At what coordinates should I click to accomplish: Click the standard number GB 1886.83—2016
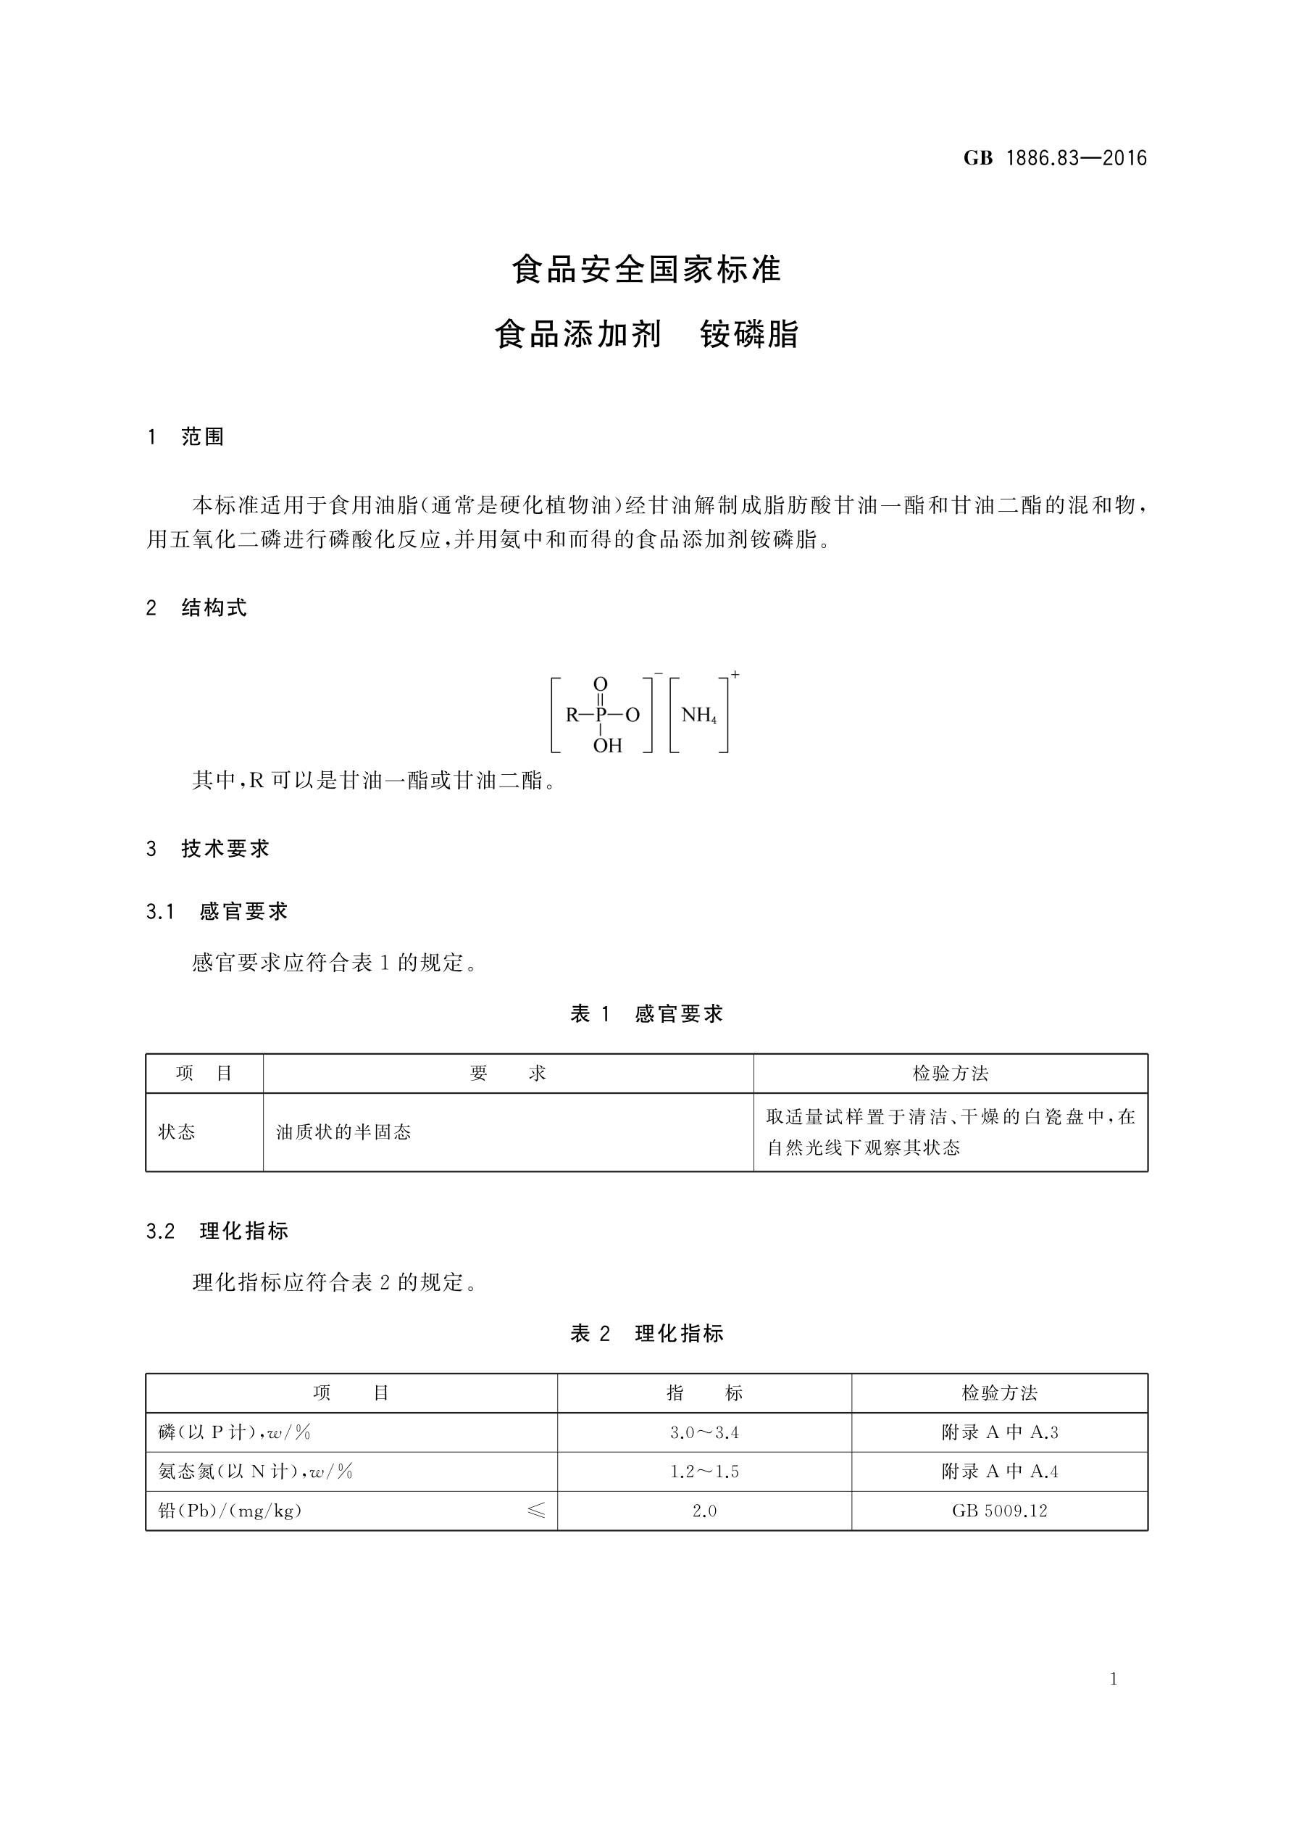1054,158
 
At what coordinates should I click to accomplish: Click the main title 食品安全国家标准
646,270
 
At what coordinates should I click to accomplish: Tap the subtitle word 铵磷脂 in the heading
748,334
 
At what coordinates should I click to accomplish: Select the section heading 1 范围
185,437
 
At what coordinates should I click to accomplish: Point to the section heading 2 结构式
197,607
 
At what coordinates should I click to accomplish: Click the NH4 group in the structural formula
698,715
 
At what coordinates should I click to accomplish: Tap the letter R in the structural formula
572,715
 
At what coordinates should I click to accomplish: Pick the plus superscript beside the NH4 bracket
735,676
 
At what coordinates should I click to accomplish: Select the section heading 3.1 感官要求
217,911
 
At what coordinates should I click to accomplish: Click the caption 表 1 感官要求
646,1013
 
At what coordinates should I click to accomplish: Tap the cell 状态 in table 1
176,1132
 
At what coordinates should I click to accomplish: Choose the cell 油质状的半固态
343,1132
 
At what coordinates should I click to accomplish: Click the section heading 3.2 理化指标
217,1232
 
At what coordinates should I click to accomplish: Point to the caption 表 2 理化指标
646,1333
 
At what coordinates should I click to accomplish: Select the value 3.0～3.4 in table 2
704,1433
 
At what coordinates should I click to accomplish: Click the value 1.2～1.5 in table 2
704,1472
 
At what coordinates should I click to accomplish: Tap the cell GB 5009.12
999,1511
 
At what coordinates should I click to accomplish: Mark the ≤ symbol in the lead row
537,1511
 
